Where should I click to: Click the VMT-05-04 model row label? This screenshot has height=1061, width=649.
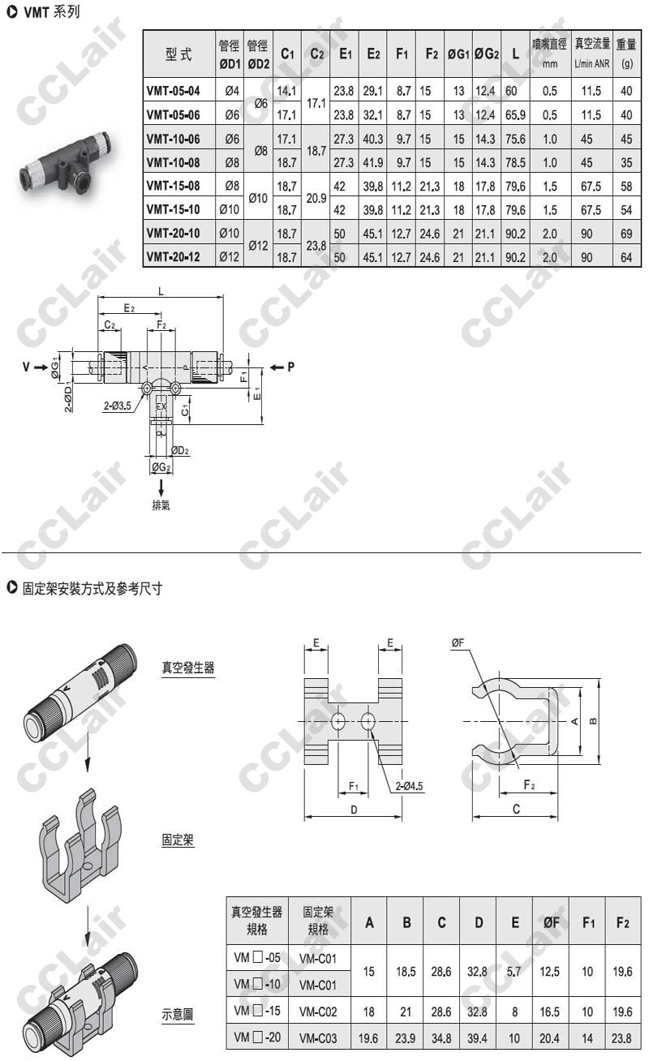coord(174,91)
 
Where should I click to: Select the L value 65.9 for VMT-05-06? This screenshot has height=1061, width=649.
coord(515,114)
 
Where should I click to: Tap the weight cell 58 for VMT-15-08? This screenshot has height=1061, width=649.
coord(626,186)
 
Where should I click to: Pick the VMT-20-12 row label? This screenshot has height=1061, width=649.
coord(174,257)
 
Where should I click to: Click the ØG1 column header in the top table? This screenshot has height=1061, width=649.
coord(458,54)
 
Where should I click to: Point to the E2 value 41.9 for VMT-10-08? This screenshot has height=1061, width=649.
coord(373,162)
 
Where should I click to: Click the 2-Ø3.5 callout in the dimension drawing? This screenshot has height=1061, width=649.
coord(117,406)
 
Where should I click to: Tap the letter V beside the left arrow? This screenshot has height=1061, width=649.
coord(27,367)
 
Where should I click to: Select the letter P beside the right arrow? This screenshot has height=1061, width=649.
coord(291,367)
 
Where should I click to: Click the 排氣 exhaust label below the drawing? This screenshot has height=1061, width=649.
coord(161,505)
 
